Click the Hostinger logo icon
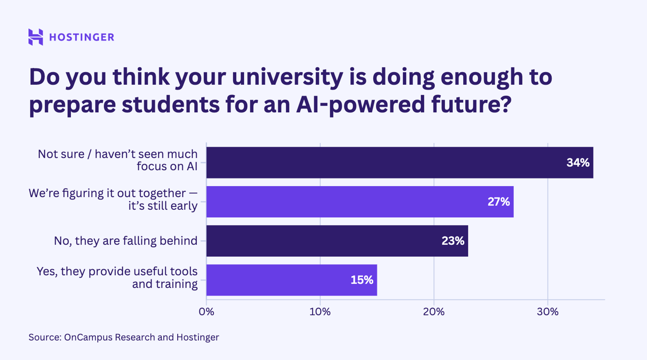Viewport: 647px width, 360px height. point(36,37)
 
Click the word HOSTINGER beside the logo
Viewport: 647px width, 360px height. point(81,37)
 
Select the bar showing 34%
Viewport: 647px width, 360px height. point(399,162)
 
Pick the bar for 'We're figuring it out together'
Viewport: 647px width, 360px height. point(359,202)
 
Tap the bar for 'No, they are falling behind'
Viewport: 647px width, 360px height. point(337,241)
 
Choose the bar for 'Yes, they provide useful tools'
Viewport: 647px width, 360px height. point(291,280)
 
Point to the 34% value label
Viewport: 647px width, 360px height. point(578,162)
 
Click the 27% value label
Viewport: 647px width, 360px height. point(499,202)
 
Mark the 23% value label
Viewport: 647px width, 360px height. point(453,241)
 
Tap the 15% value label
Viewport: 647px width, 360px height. point(362,280)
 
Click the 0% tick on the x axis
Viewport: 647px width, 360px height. point(207,312)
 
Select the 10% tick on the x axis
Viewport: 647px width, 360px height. point(320,312)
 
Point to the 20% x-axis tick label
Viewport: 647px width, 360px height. point(434,312)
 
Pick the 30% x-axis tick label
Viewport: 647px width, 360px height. point(548,312)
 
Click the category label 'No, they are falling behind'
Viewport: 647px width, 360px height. point(126,241)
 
